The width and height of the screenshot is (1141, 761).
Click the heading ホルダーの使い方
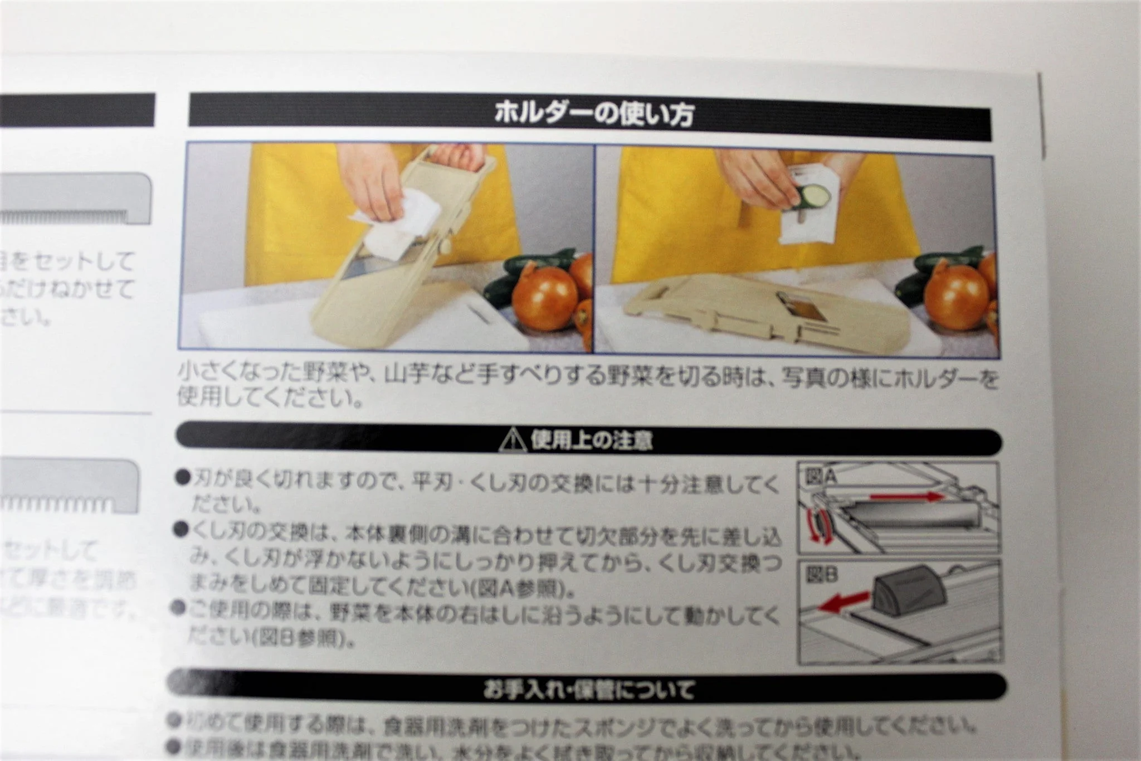click(594, 114)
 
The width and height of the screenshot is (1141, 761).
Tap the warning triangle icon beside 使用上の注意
click(513, 441)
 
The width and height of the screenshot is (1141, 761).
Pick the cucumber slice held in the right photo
click(812, 196)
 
